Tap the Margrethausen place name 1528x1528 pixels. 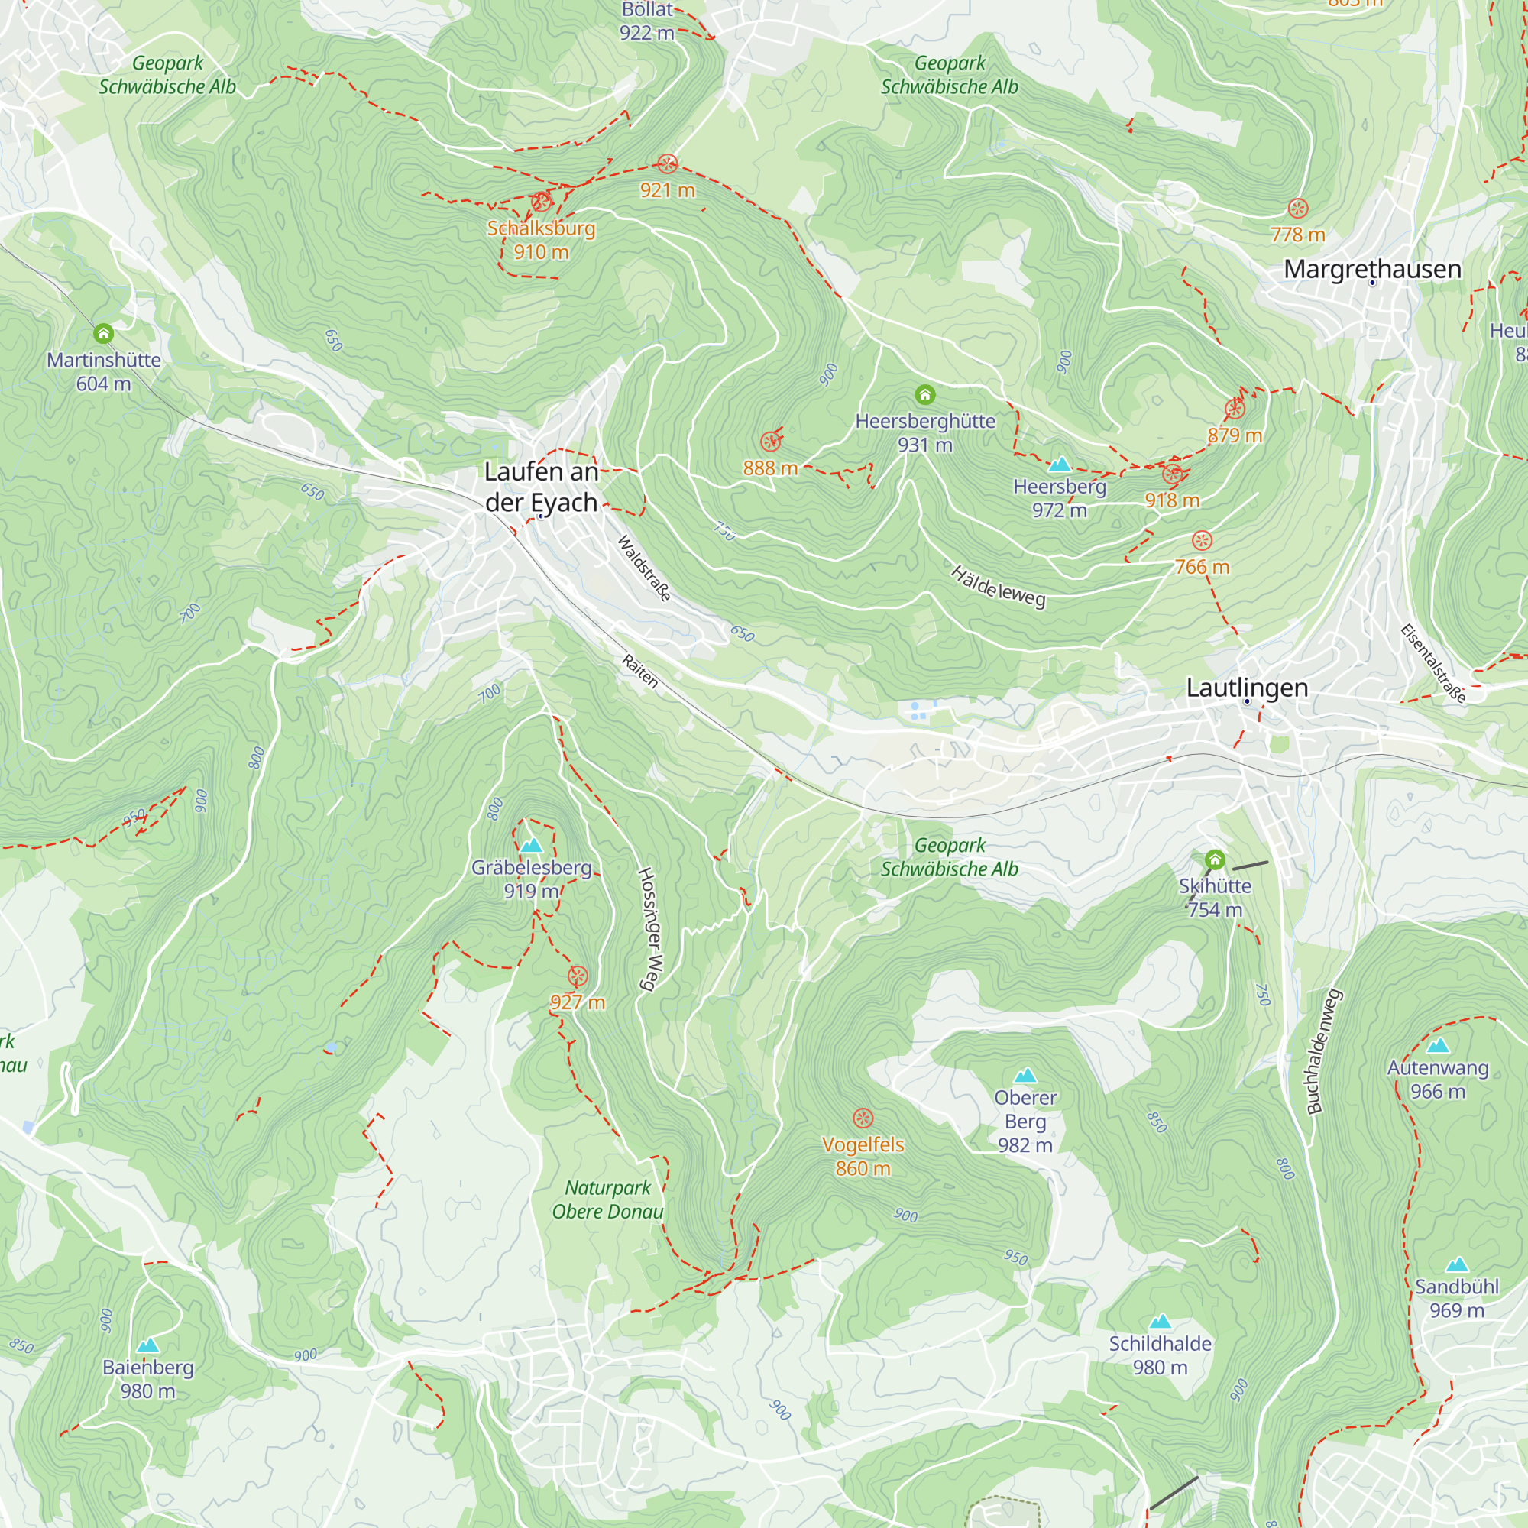1372,269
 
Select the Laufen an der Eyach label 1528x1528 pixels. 541,487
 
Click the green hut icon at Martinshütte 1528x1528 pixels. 103,333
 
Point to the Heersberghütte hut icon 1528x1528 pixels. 924,394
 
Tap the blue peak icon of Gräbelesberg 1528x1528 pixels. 532,846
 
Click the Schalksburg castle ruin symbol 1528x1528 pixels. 541,201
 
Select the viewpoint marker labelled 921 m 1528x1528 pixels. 668,163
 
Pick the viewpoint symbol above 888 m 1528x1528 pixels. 770,442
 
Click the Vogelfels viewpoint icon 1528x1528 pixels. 863,1118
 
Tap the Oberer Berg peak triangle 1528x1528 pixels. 1025,1075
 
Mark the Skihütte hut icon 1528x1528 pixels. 1215,859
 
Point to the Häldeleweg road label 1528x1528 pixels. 998,587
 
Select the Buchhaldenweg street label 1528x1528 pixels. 1325,1052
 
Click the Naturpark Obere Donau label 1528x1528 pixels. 607,1199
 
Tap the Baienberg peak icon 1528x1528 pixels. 148,1345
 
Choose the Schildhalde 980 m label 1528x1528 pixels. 1160,1355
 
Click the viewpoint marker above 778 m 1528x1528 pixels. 1298,208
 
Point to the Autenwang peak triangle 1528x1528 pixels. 1438,1046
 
